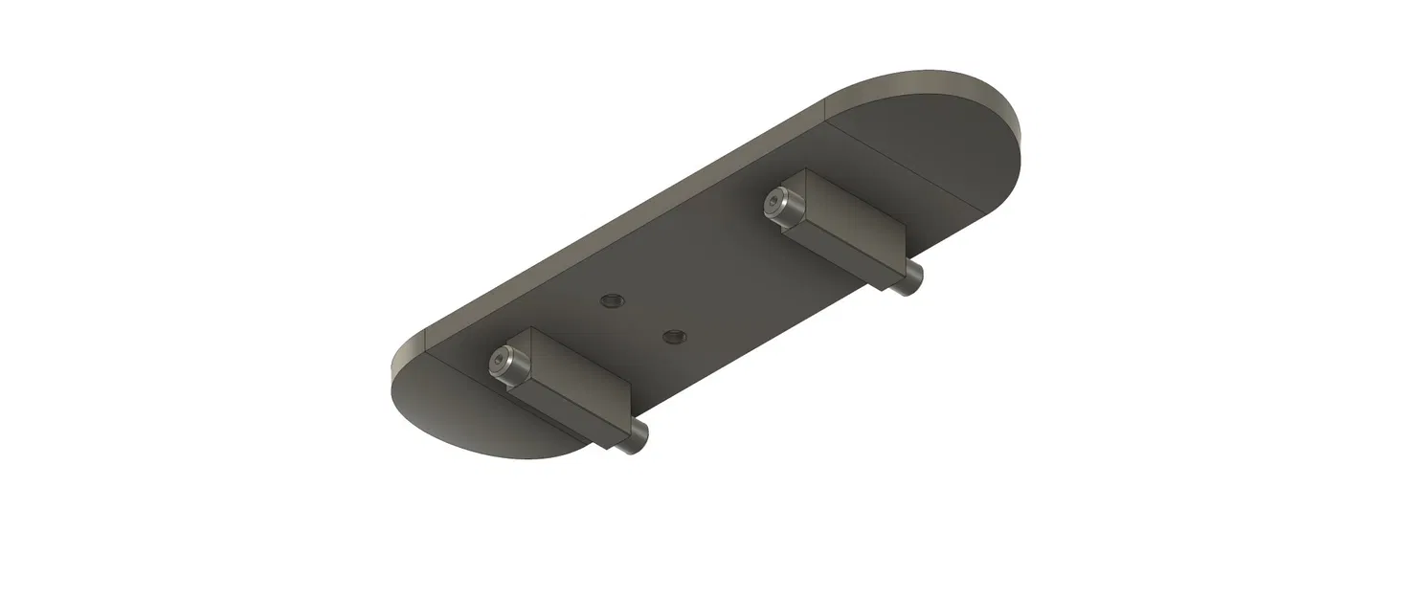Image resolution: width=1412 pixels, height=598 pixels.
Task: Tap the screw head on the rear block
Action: click(x=778, y=202)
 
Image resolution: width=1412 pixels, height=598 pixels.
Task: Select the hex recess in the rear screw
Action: click(x=773, y=201)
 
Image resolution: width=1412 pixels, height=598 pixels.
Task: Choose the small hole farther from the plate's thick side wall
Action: click(x=674, y=336)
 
